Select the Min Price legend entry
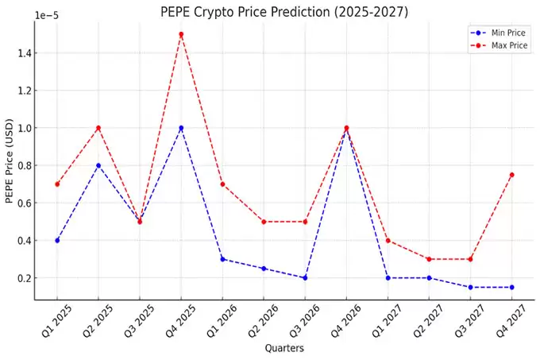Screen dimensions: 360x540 point(499,33)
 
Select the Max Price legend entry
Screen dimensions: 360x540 point(499,45)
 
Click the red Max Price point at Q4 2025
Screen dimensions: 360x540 point(181,34)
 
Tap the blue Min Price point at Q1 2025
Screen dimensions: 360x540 point(57,240)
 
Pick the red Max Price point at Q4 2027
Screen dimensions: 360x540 point(511,175)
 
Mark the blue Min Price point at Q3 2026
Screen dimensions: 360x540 point(305,278)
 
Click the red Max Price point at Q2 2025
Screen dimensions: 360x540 point(98,128)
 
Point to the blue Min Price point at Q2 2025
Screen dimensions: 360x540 point(98,165)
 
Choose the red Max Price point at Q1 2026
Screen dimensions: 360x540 point(222,184)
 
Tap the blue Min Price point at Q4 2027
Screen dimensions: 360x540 point(511,287)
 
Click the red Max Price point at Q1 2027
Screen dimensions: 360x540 point(388,240)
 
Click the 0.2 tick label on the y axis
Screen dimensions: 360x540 point(22,278)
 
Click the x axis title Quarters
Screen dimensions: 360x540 point(283,348)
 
